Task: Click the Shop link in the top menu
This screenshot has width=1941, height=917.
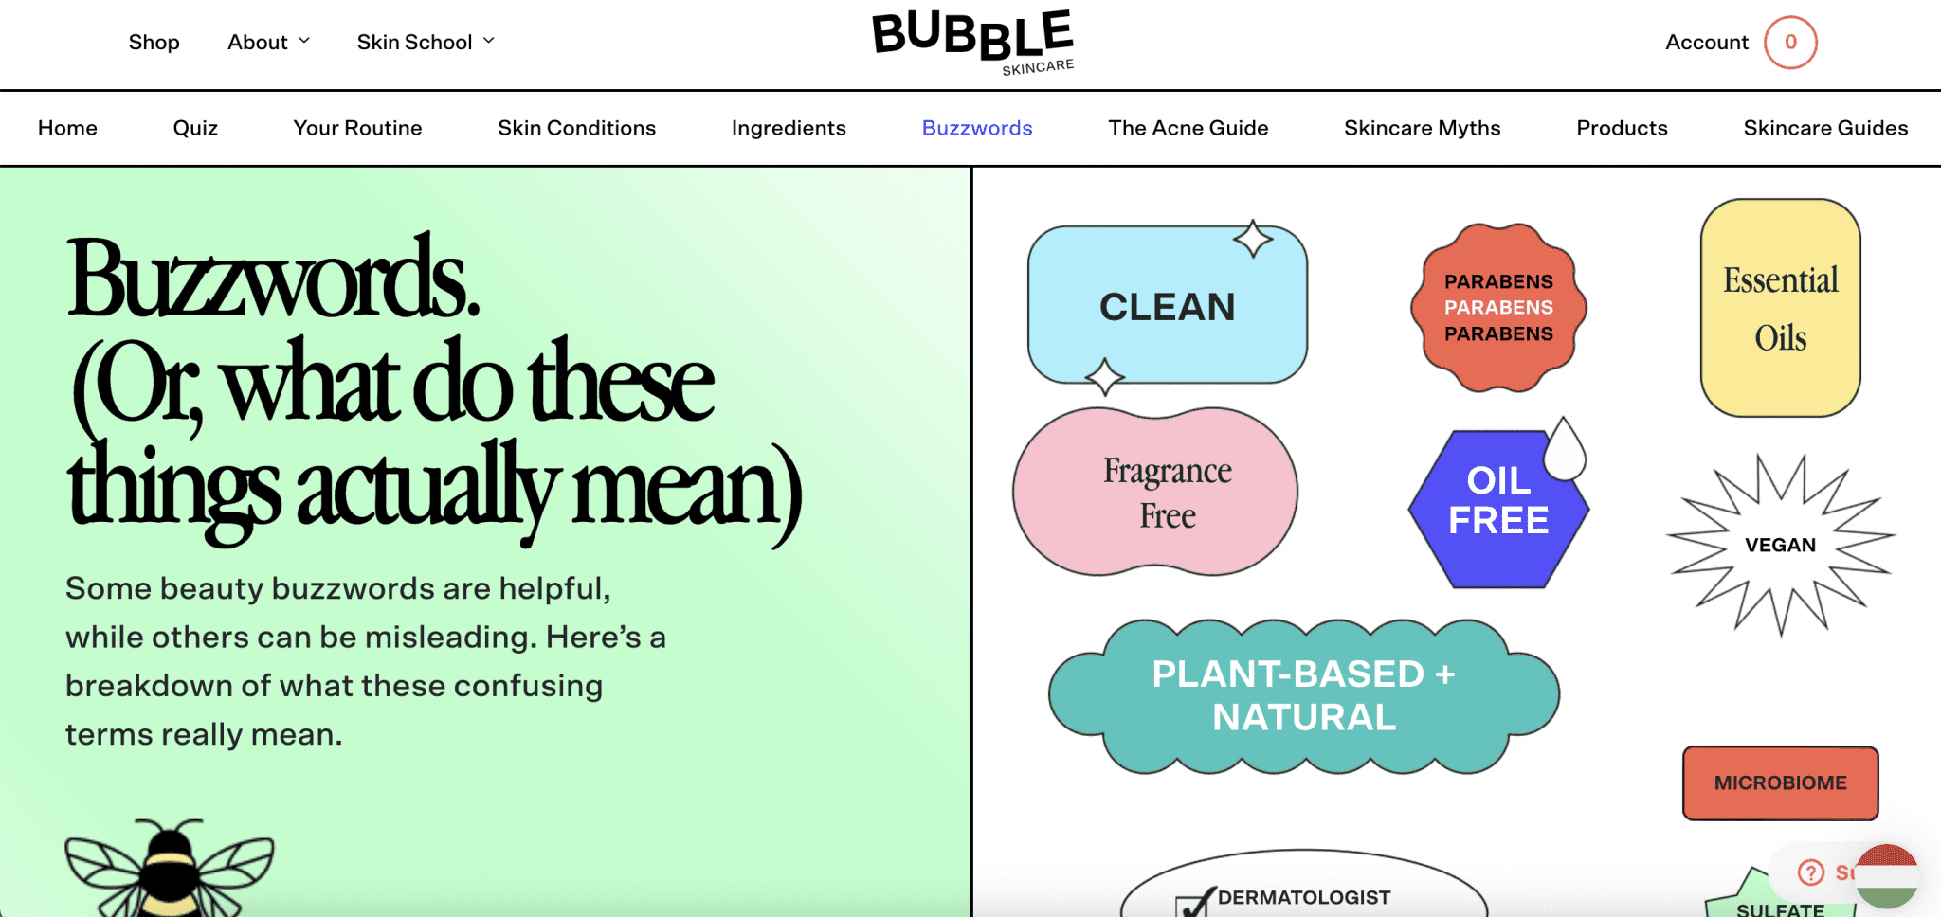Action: [x=154, y=43]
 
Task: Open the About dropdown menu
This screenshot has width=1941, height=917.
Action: [x=268, y=43]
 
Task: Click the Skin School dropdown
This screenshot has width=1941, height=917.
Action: [x=426, y=43]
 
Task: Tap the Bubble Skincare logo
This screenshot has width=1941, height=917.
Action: [x=973, y=43]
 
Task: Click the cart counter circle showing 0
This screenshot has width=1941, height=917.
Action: [x=1790, y=43]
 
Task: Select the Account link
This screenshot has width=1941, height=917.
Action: [x=1706, y=43]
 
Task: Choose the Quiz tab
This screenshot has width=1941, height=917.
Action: [x=195, y=128]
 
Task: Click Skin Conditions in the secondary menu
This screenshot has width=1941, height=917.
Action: [x=576, y=128]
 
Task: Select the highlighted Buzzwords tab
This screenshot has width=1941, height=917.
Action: [x=977, y=128]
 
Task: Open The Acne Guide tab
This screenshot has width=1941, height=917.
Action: [x=1188, y=128]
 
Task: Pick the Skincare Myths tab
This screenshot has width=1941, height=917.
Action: [x=1422, y=128]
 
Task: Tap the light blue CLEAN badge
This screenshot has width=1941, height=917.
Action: [x=1167, y=306]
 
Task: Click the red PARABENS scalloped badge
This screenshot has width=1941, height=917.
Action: [x=1498, y=308]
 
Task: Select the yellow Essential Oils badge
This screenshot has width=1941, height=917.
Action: [x=1780, y=309]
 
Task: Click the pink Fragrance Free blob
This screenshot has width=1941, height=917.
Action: [x=1156, y=493]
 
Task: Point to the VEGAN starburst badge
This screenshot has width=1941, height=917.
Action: [x=1780, y=545]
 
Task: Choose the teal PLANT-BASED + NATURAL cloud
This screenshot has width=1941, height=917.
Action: [x=1303, y=696]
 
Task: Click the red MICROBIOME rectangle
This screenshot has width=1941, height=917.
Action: [x=1780, y=783]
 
